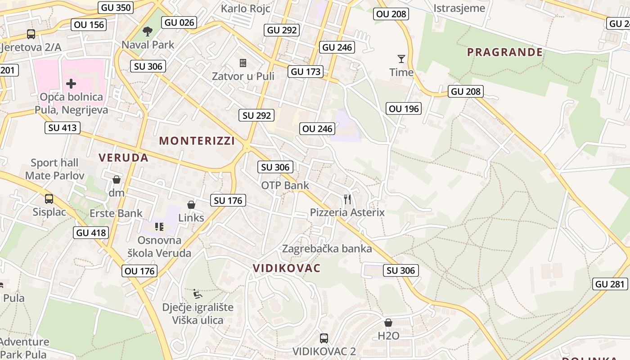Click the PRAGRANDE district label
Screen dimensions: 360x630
505,52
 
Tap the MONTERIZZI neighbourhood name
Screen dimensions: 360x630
197,141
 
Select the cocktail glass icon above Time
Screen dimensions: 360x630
401,58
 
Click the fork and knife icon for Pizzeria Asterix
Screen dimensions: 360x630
347,199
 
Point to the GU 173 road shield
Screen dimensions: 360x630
306,72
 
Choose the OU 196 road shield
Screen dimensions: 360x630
404,108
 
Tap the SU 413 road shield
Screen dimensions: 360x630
63,128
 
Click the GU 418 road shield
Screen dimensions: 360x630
91,233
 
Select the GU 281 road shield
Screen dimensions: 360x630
610,284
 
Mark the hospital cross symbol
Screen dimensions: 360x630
71,83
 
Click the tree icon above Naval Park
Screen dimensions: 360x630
147,31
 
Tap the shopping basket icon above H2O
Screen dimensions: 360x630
388,323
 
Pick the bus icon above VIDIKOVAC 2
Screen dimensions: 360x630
324,338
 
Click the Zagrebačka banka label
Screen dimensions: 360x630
327,248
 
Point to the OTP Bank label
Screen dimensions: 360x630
285,185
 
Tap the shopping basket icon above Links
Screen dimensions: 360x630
191,205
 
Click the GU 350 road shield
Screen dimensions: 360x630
116,7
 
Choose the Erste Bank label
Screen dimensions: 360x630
116,213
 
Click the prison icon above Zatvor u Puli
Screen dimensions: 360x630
243,63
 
